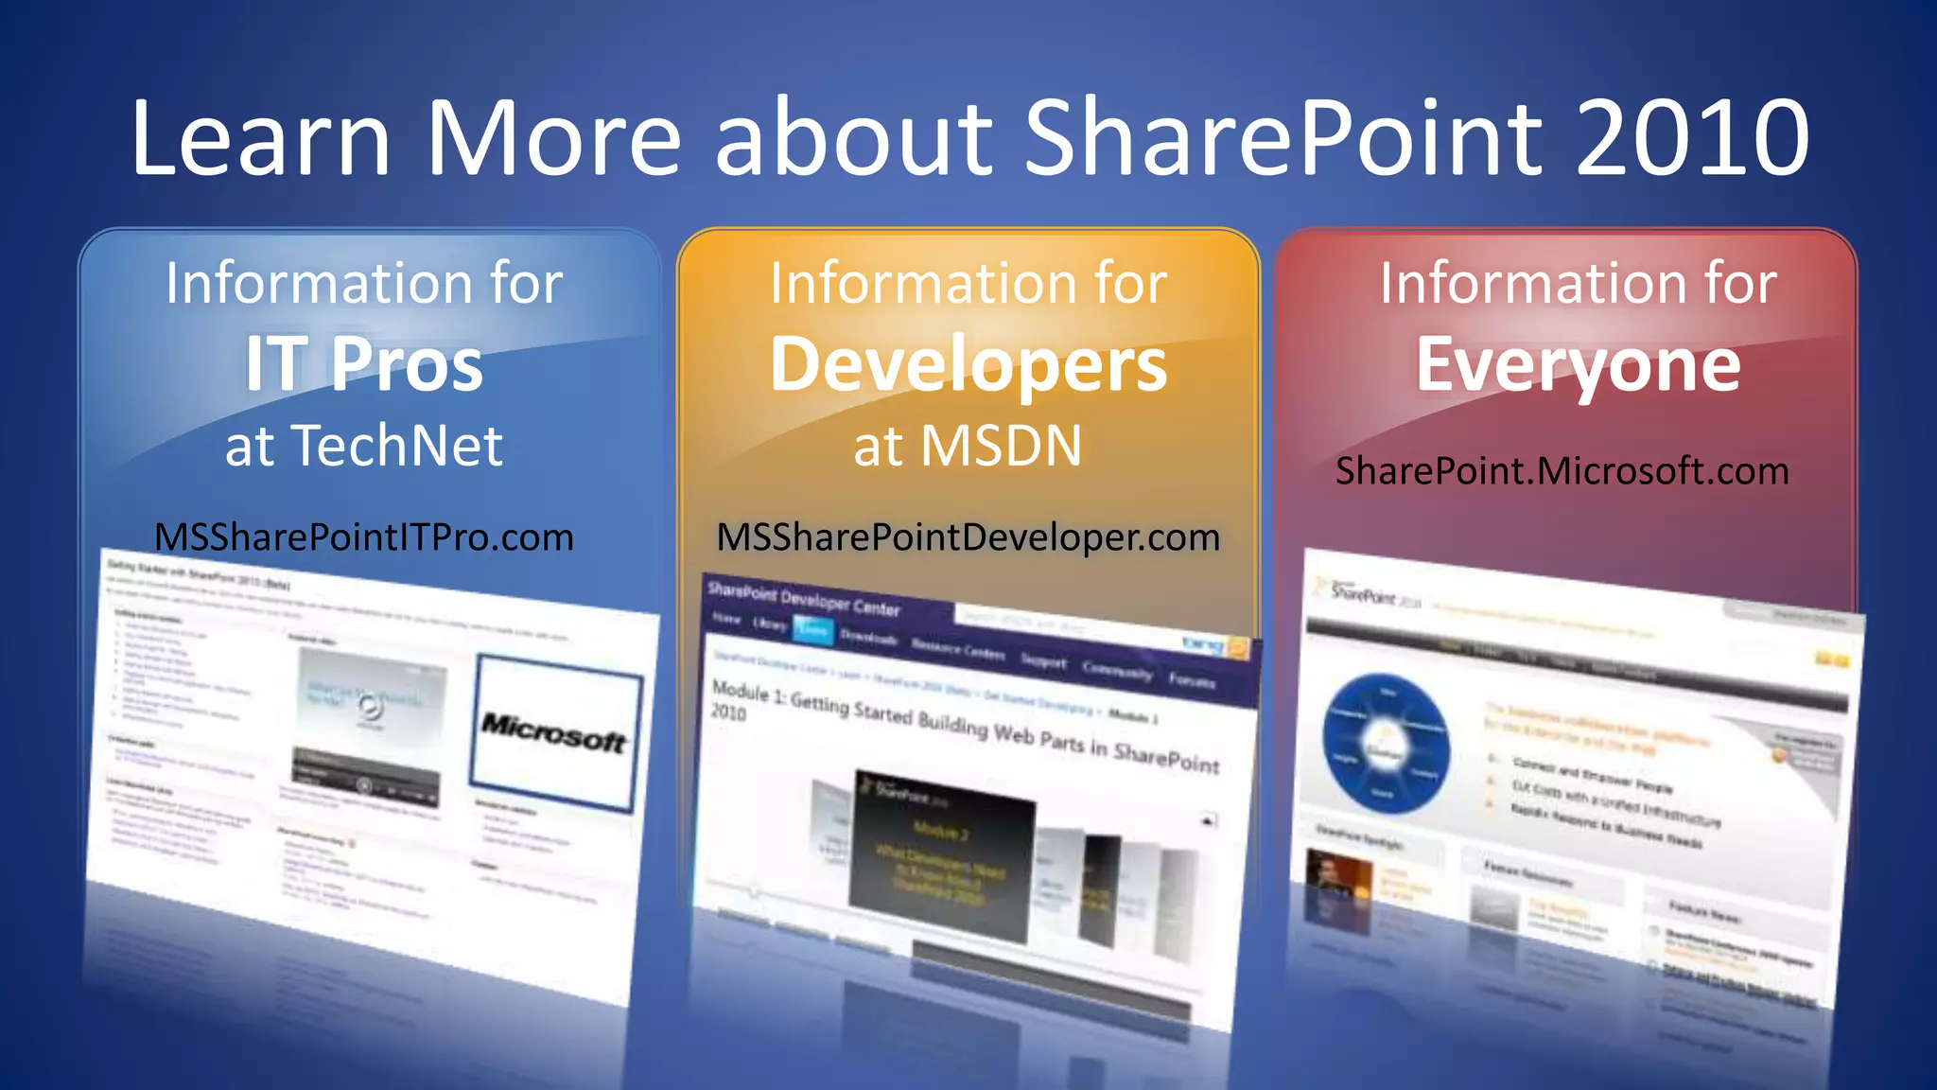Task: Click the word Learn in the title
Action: [260, 138]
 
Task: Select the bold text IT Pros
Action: [364, 364]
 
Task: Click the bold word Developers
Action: [968, 364]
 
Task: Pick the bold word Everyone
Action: [1578, 364]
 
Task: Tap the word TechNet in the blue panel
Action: [396, 446]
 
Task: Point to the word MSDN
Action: [1001, 446]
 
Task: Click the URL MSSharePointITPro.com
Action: [364, 537]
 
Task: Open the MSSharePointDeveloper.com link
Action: [968, 537]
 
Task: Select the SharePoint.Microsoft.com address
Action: [1562, 471]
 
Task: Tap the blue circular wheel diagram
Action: [1385, 744]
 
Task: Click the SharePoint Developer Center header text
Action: [804, 599]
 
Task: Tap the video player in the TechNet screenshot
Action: [369, 724]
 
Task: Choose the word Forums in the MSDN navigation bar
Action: [1192, 679]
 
